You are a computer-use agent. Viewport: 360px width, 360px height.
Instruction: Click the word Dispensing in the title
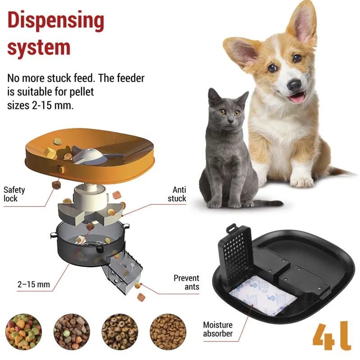click(x=56, y=21)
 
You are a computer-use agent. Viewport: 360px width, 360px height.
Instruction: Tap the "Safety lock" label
click(x=14, y=194)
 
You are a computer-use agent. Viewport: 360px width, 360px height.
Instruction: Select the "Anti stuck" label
click(x=177, y=194)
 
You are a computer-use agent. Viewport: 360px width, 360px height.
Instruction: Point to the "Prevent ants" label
click(x=186, y=282)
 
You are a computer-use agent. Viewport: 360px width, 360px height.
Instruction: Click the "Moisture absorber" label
click(x=217, y=329)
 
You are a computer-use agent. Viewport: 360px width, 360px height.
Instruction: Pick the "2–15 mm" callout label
click(x=34, y=285)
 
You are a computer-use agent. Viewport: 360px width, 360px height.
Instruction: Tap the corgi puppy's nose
click(x=294, y=85)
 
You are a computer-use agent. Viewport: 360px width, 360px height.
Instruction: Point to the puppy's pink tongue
click(x=297, y=98)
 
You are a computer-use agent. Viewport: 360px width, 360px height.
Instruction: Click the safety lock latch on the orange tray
click(x=60, y=170)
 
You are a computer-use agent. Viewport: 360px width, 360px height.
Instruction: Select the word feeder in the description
click(x=130, y=78)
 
